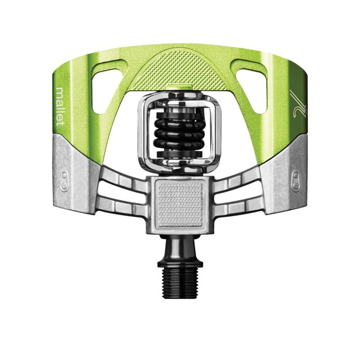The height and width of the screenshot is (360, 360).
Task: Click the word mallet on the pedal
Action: click(x=60, y=106)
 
